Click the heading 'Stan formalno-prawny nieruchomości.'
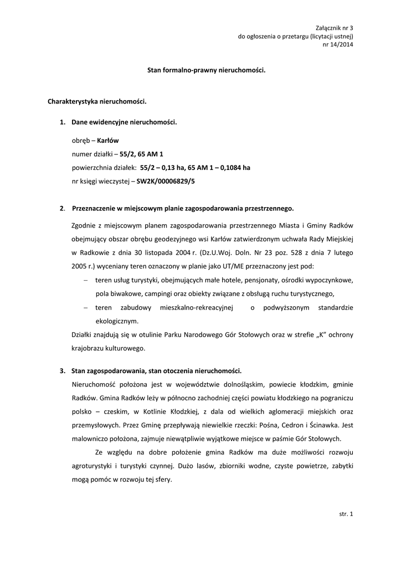tap(206, 70)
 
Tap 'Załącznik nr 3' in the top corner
tap(334, 28)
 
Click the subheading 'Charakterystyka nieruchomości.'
tap(97, 102)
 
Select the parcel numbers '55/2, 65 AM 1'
tap(141, 154)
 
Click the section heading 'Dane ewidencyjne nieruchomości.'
tap(124, 121)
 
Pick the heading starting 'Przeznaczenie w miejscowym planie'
tap(183, 209)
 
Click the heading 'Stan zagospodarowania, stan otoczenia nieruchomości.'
tap(157, 370)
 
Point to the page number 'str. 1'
tap(346, 514)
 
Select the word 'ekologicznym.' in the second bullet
tap(117, 321)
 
